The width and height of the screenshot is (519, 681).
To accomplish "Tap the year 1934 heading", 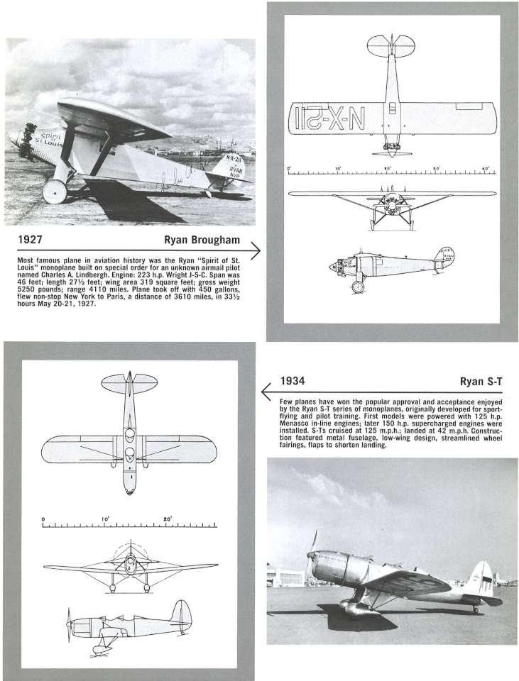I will tap(293, 381).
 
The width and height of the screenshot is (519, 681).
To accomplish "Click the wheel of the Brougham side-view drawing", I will tap(359, 287).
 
